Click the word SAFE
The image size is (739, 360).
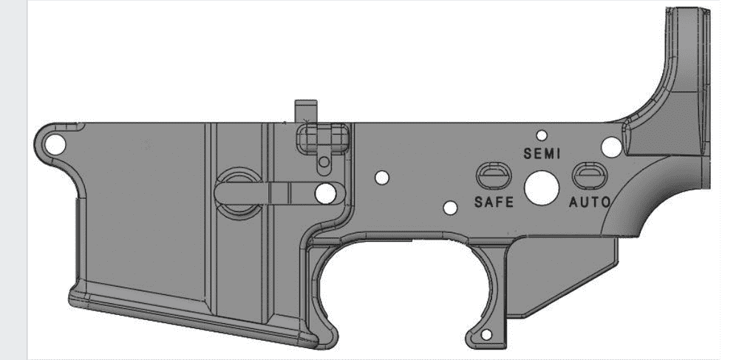pos(494,202)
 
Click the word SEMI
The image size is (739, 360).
pos(542,154)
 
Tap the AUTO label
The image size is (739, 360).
pos(589,201)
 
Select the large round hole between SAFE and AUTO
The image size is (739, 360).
pos(542,188)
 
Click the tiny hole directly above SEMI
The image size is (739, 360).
pos(542,135)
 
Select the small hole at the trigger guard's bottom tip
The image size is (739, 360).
pos(486,336)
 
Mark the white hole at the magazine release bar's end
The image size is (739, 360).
pos(325,193)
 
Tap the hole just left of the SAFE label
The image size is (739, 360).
pos(450,208)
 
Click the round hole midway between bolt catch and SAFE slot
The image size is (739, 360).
pos(382,177)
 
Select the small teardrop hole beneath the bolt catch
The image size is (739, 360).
pos(324,161)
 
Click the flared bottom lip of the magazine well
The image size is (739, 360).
pos(192,318)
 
